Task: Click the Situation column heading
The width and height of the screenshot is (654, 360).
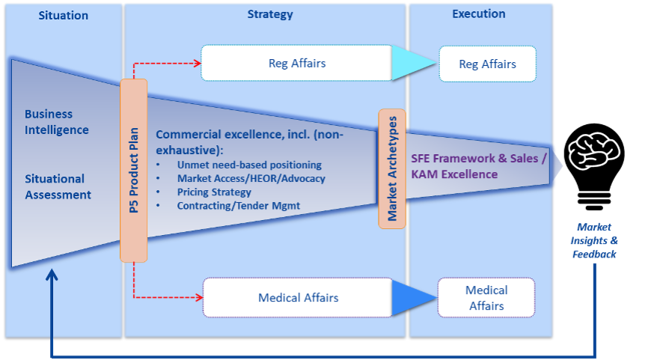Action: click(x=63, y=16)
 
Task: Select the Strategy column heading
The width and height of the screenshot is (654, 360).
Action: click(x=270, y=14)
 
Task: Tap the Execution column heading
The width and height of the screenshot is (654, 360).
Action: click(x=478, y=13)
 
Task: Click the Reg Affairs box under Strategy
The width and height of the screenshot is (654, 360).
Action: click(x=296, y=64)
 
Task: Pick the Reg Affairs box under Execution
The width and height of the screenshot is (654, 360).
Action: click(x=487, y=64)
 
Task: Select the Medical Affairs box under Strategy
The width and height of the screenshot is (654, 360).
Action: click(x=298, y=298)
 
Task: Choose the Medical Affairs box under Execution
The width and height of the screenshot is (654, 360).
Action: click(x=486, y=298)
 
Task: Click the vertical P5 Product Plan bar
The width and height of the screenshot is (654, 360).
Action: click(x=134, y=170)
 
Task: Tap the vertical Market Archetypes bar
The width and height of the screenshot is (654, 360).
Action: click(x=391, y=168)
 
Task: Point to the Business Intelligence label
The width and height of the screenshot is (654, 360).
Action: click(x=57, y=122)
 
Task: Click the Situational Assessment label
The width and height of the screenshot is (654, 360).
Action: click(x=58, y=187)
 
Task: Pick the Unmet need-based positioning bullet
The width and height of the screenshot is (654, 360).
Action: click(x=249, y=165)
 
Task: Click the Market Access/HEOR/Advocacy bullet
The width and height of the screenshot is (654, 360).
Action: click(x=251, y=178)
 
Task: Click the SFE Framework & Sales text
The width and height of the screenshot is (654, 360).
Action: click(x=479, y=159)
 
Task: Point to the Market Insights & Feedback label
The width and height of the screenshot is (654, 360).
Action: click(x=594, y=240)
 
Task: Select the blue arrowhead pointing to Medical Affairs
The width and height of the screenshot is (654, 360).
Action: click(x=416, y=298)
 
